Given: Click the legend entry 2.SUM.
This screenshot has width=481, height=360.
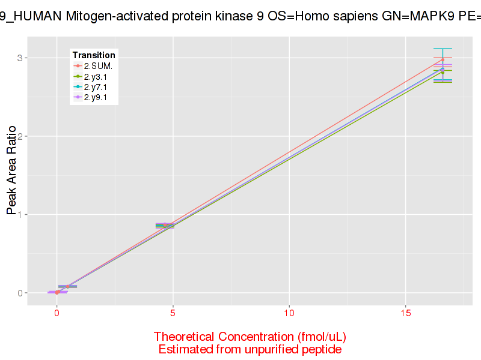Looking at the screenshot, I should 98,65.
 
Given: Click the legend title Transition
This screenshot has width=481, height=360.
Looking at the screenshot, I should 93,55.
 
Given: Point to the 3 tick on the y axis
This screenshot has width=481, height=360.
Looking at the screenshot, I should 19,58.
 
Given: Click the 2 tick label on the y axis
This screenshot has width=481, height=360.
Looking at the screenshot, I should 19,136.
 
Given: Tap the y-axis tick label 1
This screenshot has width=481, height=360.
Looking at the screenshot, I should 19,215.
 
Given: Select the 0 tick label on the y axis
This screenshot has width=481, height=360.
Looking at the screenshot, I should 19,293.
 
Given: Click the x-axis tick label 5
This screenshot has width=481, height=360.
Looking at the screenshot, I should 173,313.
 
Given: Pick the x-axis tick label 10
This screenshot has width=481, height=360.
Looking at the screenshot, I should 289,313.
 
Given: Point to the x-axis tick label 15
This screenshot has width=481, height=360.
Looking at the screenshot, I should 405,313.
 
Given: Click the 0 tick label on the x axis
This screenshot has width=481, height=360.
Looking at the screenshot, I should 57,313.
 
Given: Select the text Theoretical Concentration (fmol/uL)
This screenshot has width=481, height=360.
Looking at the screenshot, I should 250,336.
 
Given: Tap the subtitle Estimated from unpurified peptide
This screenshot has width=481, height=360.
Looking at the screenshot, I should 250,349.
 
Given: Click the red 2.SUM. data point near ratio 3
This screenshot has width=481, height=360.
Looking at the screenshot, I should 443,60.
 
